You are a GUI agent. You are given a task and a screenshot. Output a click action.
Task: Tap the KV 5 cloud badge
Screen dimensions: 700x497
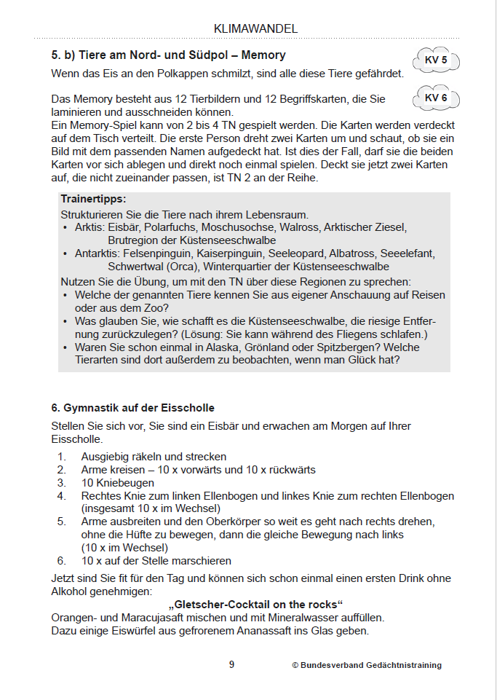click(436, 60)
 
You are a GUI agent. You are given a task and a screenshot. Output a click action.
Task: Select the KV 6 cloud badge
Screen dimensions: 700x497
click(436, 98)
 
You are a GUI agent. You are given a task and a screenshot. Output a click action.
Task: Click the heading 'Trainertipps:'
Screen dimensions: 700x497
click(93, 198)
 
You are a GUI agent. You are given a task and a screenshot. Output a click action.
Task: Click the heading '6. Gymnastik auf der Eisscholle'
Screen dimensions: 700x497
click(133, 407)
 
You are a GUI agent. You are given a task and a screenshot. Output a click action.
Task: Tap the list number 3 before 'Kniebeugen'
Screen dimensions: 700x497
click(62, 483)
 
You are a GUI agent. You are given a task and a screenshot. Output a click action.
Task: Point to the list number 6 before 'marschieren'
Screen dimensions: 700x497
click(62, 561)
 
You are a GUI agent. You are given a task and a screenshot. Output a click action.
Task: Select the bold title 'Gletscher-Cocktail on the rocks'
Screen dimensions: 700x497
click(255, 605)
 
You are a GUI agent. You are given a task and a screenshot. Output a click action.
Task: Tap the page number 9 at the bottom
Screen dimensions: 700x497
click(231, 664)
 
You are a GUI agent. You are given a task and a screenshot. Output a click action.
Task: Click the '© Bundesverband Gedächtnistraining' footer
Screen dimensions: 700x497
click(367, 665)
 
